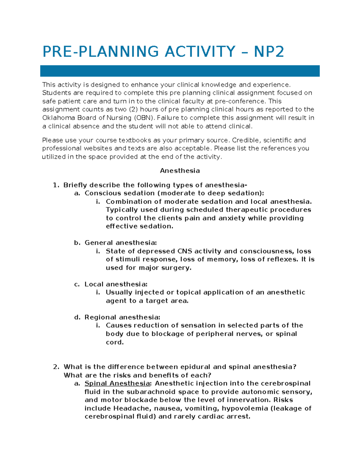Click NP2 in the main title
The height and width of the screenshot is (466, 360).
[x=269, y=52]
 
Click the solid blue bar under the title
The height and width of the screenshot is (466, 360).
[x=180, y=71]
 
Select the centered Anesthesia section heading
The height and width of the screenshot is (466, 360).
[x=180, y=171]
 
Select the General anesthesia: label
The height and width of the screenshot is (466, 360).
[x=121, y=243]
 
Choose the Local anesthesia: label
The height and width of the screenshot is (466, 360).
[x=116, y=284]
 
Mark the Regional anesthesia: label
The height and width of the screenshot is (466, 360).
[x=122, y=317]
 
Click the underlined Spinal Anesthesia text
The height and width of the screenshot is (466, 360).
[x=117, y=383]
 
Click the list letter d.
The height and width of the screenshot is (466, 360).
[x=77, y=317]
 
